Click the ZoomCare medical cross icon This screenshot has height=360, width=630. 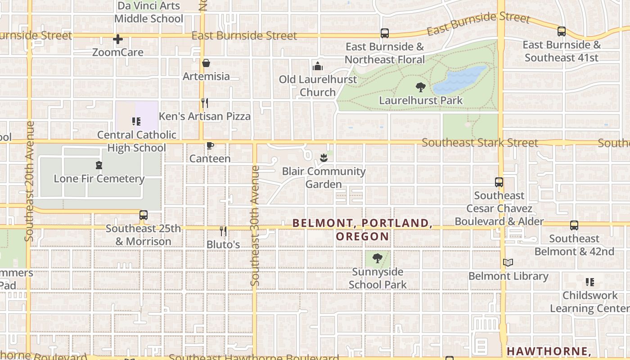[118, 39]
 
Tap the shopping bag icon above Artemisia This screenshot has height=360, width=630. [206, 63]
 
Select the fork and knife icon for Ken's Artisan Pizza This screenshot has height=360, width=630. [204, 103]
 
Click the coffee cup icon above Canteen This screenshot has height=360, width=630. [209, 145]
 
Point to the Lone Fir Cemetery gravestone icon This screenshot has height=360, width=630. [99, 165]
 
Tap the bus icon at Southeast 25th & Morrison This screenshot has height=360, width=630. [143, 215]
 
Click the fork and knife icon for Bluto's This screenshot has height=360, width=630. [223, 231]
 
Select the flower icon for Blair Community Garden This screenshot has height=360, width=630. [323, 157]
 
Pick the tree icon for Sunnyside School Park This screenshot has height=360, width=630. [378, 258]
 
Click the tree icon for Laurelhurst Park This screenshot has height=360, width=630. [421, 87]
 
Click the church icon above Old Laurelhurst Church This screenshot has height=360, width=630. [318, 66]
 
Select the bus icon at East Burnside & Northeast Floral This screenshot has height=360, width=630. [384, 33]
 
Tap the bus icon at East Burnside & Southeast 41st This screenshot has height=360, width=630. [561, 31]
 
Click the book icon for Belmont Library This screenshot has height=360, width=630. [508, 262]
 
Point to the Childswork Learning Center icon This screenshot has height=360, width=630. [589, 282]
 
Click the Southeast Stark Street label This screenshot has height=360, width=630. [480, 143]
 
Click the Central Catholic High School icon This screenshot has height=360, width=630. [136, 121]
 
